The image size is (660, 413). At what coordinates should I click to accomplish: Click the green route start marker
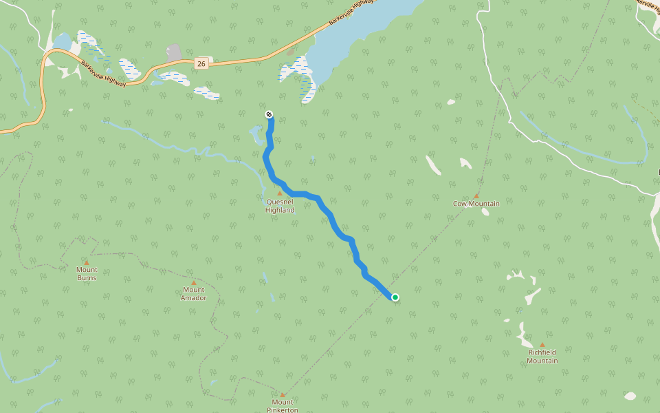(x=395, y=297)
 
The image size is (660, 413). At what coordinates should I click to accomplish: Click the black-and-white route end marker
(x=269, y=114)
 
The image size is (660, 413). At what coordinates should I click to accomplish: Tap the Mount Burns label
(x=87, y=274)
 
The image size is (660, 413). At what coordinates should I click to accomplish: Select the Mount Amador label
(x=193, y=294)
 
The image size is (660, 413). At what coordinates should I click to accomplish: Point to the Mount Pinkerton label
(x=283, y=406)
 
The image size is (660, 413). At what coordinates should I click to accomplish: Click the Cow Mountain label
(x=476, y=204)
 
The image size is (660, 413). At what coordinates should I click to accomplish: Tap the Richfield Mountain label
(x=542, y=357)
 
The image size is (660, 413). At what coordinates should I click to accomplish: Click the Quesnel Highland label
(x=280, y=206)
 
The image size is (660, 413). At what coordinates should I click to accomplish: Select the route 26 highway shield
(x=201, y=63)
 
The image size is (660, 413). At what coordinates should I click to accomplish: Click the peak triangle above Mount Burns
(x=87, y=262)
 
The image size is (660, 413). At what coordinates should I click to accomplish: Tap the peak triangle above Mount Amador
(x=193, y=282)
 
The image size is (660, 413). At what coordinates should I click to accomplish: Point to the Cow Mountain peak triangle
(x=476, y=195)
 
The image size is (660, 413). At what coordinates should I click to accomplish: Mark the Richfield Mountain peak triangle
(x=542, y=345)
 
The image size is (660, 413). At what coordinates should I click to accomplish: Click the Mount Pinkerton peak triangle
(x=283, y=394)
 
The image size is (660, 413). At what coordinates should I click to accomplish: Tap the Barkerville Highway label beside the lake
(x=352, y=12)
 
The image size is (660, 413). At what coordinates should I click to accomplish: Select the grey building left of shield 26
(x=174, y=53)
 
